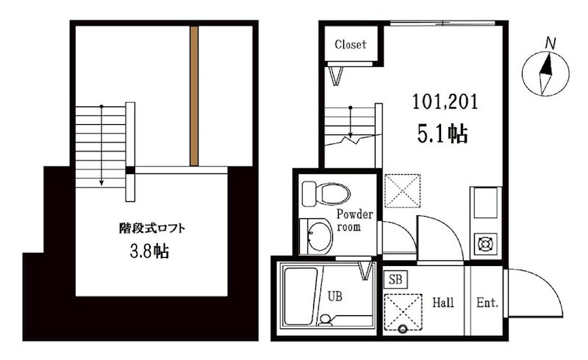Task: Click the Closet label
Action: [351, 44]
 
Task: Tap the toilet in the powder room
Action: [326, 194]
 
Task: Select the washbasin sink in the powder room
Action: [316, 237]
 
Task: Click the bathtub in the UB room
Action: [302, 296]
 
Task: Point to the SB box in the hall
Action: [395, 279]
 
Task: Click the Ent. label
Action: [487, 302]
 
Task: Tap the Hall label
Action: [443, 302]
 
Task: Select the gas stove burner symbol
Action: [486, 244]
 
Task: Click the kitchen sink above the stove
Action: [486, 204]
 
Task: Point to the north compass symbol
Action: [545, 73]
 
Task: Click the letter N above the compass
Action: [550, 43]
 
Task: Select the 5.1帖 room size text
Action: [442, 134]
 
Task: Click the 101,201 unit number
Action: [445, 101]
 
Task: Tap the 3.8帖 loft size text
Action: [149, 251]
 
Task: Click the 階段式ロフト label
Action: [152, 228]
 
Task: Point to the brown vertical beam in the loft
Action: [194, 96]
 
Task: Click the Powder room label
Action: [354, 220]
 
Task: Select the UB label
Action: [335, 296]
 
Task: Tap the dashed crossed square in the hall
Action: [404, 312]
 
